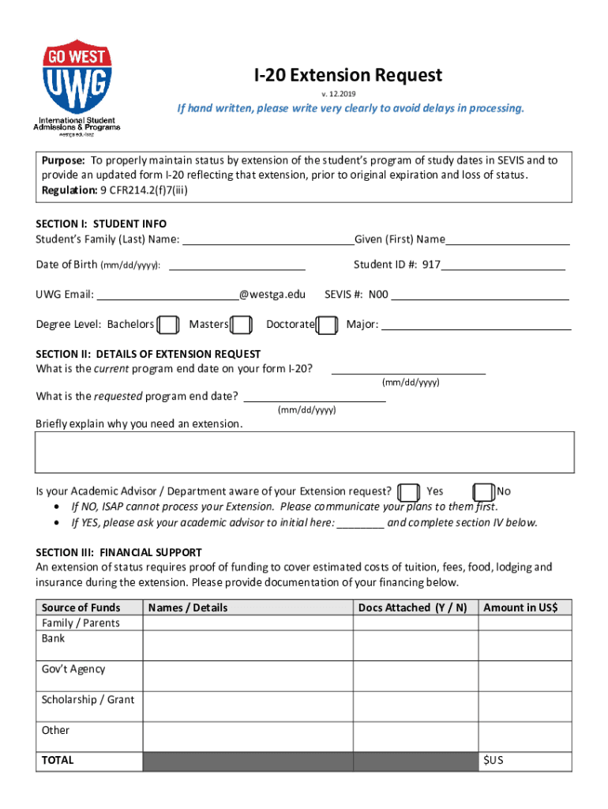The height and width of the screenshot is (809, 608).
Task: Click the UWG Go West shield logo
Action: click(x=77, y=77)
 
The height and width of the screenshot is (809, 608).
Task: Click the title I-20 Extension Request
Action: click(x=347, y=75)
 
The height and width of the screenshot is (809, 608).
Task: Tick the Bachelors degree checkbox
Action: click(x=167, y=325)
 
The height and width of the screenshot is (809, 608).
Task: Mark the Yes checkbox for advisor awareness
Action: click(x=408, y=492)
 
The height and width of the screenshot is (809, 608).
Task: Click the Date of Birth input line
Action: click(x=237, y=265)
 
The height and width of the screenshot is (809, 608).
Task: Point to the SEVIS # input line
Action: click(x=480, y=295)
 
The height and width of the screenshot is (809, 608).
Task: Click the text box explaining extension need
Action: click(x=304, y=452)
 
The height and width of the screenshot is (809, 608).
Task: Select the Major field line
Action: click(x=476, y=325)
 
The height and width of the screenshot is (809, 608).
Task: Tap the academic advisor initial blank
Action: click(x=361, y=523)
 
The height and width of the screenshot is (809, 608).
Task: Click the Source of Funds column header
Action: click(x=81, y=608)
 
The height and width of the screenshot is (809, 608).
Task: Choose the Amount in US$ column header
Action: click(x=520, y=608)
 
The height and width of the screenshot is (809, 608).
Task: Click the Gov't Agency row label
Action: click(x=73, y=669)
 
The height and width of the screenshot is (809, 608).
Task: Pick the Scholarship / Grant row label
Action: click(x=88, y=700)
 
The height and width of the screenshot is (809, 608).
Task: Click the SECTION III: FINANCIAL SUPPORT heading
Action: click(x=118, y=553)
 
